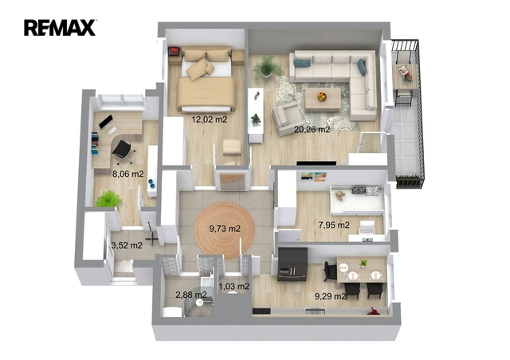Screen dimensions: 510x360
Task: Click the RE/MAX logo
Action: tap(60, 28)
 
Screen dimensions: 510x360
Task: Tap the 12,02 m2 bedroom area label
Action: tap(209, 119)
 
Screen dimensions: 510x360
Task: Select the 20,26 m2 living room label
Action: tap(312, 130)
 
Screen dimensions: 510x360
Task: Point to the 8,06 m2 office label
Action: tap(127, 174)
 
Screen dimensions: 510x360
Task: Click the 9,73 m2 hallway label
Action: tap(225, 229)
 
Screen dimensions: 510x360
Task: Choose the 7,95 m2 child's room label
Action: tap(334, 225)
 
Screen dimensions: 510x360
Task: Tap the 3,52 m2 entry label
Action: tap(127, 245)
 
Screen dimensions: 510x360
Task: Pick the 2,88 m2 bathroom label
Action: tap(191, 295)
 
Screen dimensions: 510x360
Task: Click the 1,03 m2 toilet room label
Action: tap(234, 287)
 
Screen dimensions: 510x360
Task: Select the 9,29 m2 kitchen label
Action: tap(330, 296)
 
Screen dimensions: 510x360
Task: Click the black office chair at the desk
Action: tap(123, 151)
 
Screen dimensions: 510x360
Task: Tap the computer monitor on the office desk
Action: tap(106, 122)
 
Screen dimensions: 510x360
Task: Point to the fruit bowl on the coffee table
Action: tap(322, 96)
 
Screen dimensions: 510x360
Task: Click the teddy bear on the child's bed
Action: tap(340, 195)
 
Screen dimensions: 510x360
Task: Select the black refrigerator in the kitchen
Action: tap(292, 264)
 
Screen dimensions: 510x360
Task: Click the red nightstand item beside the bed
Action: tap(174, 51)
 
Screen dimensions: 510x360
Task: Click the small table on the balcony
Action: tap(405, 76)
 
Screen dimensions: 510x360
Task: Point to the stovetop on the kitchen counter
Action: tap(261, 311)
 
